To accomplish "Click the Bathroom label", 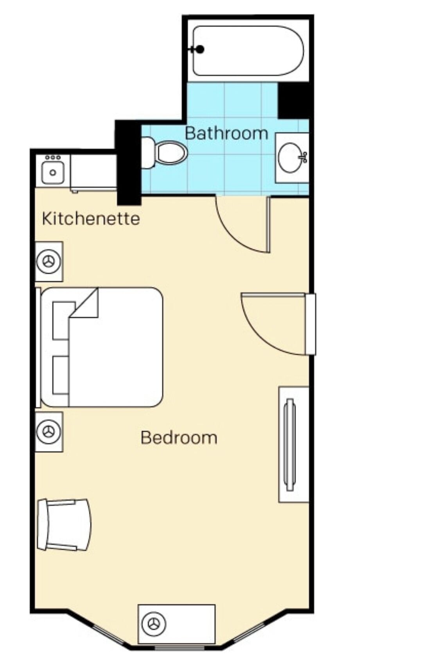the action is click(x=226, y=133).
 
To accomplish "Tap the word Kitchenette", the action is click(x=91, y=219).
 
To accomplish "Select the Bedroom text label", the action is click(x=179, y=438).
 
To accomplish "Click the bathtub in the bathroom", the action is click(x=248, y=51).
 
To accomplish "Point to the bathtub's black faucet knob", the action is click(x=200, y=49).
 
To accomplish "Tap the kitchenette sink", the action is click(x=53, y=172).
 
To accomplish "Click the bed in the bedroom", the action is click(x=101, y=347).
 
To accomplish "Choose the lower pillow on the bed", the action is click(x=61, y=376).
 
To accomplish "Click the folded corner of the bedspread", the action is click(x=86, y=304).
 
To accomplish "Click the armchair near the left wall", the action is click(x=63, y=525).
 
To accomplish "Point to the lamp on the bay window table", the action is click(x=154, y=624).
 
